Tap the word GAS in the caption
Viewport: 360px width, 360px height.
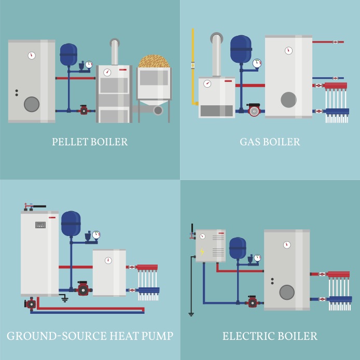[x=249, y=142]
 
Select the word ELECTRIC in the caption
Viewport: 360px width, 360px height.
[x=247, y=337]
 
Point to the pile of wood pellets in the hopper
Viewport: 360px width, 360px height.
[x=154, y=60]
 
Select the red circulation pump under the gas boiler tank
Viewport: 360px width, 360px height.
[x=254, y=110]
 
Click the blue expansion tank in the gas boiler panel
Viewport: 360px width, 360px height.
[x=241, y=48]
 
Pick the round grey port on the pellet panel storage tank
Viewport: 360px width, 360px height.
[x=32, y=104]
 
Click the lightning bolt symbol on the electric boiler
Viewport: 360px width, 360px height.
[x=202, y=252]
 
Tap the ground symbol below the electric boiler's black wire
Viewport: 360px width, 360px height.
[x=191, y=314]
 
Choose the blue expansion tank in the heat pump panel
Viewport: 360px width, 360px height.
[x=71, y=223]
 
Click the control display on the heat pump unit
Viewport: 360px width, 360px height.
[x=40, y=225]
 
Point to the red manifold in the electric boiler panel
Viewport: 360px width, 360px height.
[x=339, y=274]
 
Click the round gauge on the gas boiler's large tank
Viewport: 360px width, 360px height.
[x=288, y=50]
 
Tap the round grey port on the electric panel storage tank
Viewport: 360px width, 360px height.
[x=287, y=292]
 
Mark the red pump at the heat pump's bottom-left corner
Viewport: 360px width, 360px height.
[x=32, y=304]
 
